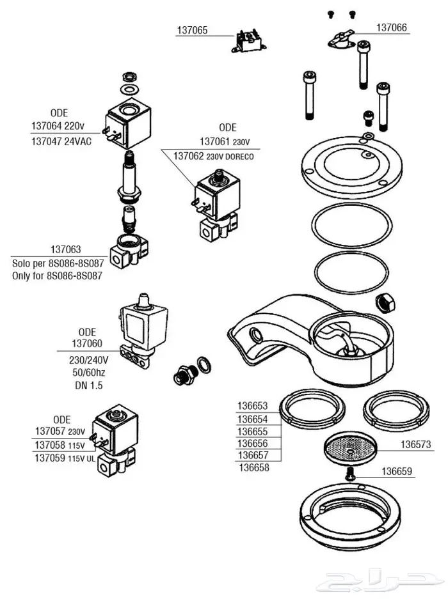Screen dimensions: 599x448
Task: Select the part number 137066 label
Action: click(391, 27)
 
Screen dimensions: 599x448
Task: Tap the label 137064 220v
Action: click(62, 125)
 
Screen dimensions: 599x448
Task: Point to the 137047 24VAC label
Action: click(61, 141)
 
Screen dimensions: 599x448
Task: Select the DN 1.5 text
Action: click(88, 385)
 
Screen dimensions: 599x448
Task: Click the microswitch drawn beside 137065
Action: click(248, 40)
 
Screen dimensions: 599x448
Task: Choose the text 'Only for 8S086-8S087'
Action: click(58, 276)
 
